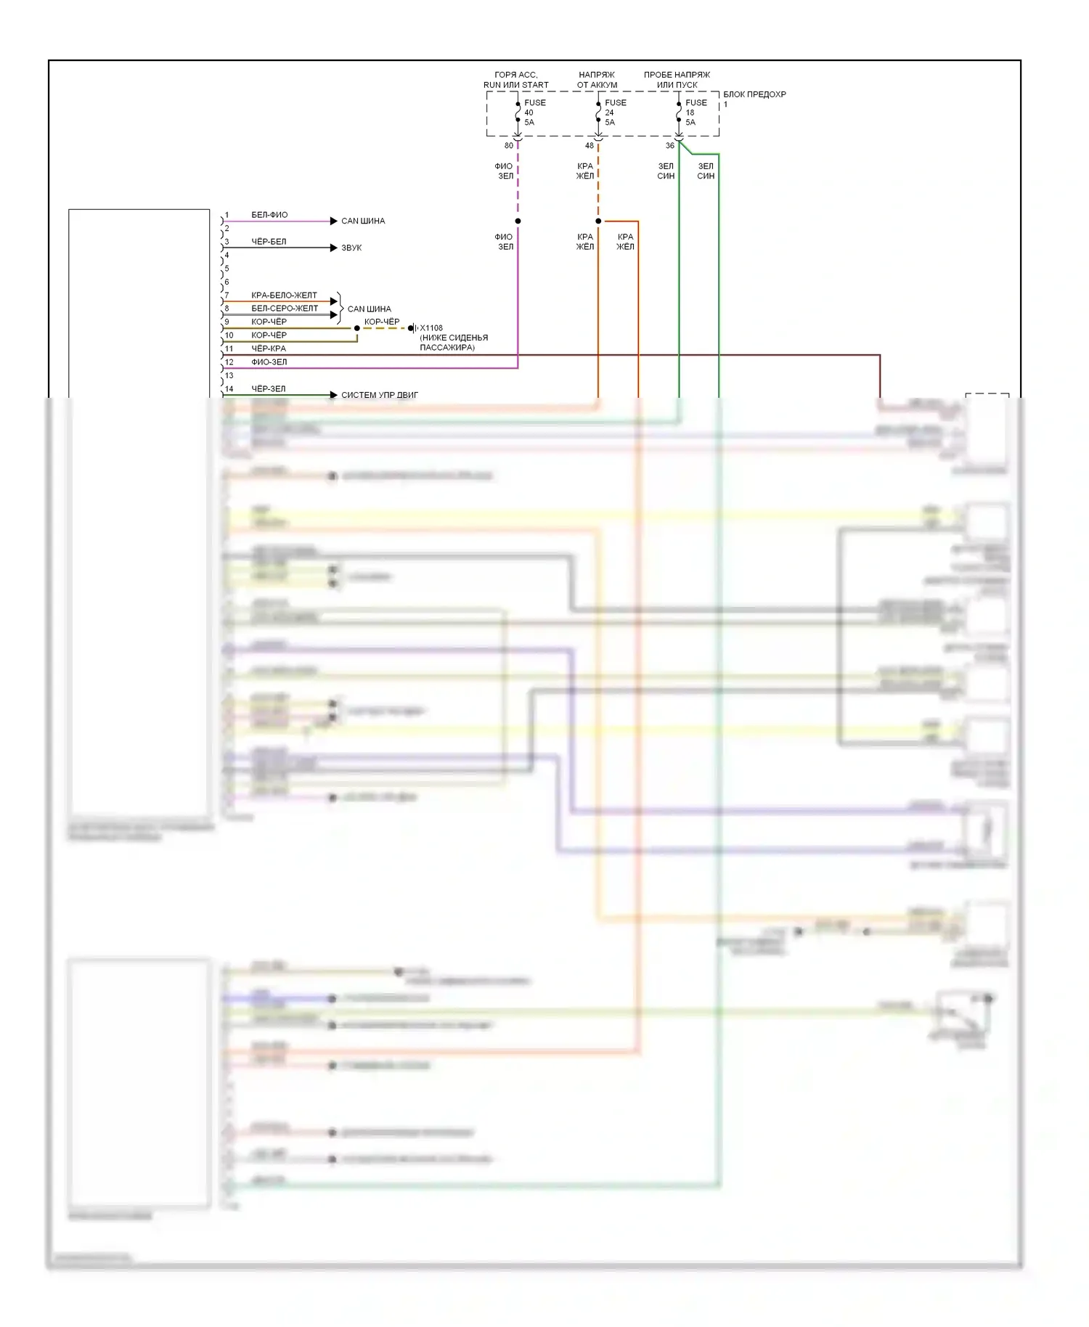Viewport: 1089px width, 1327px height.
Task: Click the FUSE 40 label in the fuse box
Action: [534, 113]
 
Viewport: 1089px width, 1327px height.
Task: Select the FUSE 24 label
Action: [615, 113]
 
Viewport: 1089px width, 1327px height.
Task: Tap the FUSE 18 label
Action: [696, 113]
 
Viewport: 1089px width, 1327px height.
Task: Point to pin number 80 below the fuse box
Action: [509, 146]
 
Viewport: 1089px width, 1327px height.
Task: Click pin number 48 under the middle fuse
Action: [590, 146]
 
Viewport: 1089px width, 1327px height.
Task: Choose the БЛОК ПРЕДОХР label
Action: [754, 94]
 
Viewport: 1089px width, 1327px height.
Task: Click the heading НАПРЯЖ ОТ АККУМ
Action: [597, 80]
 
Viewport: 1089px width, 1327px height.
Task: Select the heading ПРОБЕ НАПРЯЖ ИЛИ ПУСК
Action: [677, 80]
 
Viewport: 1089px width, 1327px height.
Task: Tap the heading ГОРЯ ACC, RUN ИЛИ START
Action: [516, 80]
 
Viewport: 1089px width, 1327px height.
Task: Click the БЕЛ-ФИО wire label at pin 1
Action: [269, 215]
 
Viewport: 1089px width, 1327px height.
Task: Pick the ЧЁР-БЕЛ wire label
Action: [269, 242]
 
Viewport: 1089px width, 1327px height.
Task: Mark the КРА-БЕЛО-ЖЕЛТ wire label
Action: [284, 295]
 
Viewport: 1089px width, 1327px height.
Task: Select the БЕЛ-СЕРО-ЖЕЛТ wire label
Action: [285, 309]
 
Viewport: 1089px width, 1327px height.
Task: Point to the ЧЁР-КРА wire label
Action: [269, 348]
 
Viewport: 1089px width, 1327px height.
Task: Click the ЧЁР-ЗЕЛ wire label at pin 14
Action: [269, 389]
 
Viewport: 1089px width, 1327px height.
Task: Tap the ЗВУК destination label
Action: [351, 248]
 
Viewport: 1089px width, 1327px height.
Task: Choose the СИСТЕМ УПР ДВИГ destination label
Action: [380, 396]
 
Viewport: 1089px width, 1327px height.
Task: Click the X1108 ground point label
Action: [431, 328]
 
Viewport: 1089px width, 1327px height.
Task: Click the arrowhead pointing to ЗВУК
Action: [334, 248]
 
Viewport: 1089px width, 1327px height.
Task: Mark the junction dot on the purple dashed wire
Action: [518, 221]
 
